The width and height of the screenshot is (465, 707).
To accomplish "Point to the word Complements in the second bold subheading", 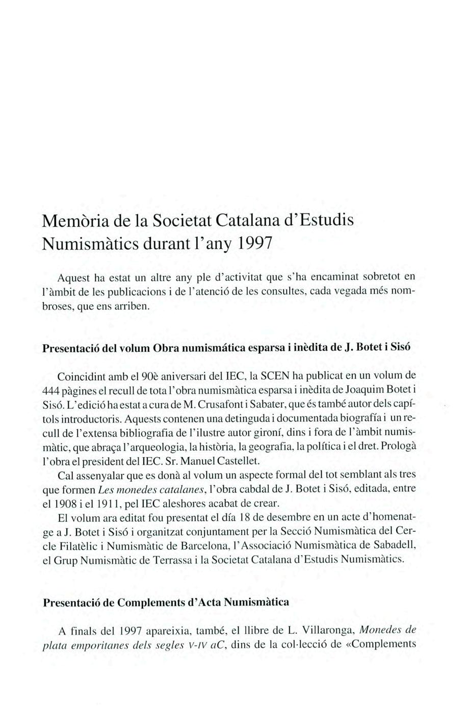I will coord(151,602).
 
